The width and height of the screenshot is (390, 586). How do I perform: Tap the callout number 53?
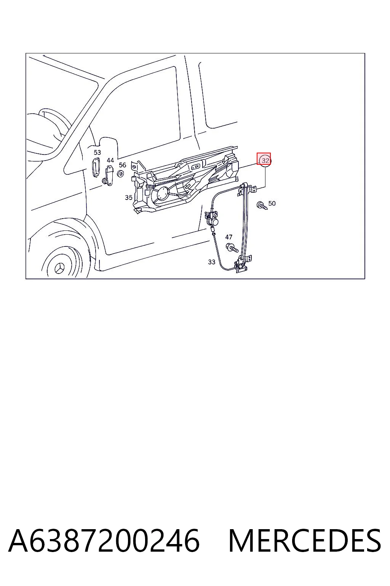point(97,152)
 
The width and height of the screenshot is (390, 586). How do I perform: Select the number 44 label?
point(110,160)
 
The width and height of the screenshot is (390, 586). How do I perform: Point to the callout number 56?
point(122,165)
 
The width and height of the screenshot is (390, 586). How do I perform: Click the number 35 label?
point(128,198)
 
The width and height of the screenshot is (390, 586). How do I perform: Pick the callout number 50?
point(272,203)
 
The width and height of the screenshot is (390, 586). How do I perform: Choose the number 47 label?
point(229,237)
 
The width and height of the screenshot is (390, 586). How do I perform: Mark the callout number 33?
point(212,262)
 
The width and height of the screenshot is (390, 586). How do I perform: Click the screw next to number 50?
point(262,205)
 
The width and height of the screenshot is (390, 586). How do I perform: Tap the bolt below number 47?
point(232,248)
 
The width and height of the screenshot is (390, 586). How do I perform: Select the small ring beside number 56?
point(120,174)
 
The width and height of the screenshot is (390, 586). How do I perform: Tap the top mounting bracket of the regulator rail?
point(247,189)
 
